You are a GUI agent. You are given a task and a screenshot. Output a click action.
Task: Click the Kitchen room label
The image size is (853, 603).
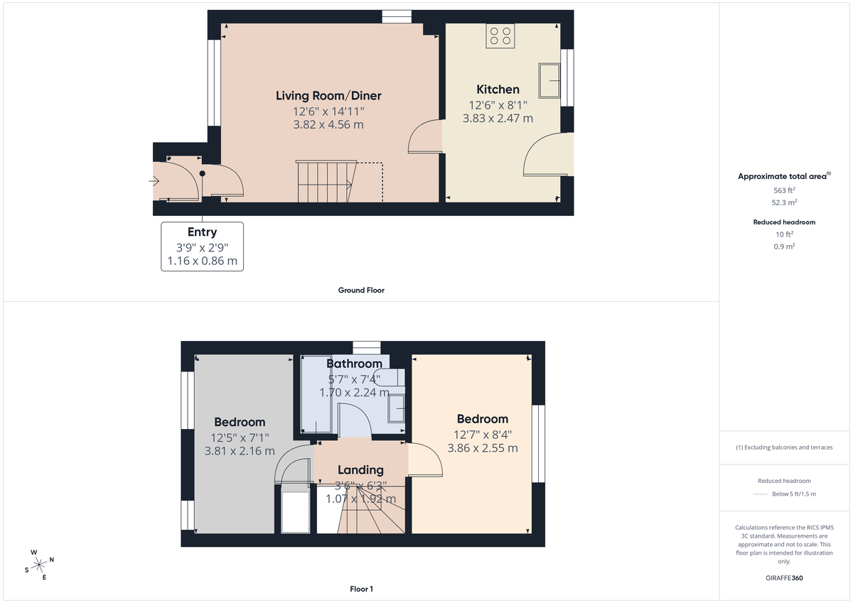pos(498,89)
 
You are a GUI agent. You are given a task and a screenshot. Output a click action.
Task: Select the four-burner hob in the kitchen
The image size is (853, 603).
pos(500,36)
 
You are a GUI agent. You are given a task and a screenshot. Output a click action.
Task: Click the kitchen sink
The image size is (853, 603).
pos(549,80)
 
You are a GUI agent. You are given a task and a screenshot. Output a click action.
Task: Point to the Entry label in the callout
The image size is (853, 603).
pos(202,232)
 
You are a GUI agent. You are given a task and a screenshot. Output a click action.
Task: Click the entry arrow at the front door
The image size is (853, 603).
pos(154,182)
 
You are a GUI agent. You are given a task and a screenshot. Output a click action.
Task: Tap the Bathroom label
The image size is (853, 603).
pos(354,364)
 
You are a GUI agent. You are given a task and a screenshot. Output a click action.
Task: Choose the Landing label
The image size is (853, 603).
pos(360,469)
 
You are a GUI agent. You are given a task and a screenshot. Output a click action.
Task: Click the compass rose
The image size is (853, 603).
pos(38,564)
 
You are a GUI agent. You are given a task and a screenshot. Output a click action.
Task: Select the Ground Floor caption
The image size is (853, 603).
pos(362,290)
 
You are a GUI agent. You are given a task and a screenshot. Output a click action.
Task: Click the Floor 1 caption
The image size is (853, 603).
pos(362,589)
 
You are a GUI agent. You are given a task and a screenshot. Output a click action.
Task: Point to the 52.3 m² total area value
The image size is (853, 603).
pos(785,202)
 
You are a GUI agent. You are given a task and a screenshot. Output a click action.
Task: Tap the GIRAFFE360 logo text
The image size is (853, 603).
pos(785,578)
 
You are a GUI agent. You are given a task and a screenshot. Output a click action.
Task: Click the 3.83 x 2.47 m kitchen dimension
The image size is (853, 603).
pos(498,119)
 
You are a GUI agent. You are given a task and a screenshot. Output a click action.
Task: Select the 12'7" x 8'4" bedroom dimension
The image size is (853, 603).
pos(483,435)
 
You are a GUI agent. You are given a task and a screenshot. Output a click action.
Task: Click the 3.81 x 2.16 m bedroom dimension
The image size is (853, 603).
pos(240,451)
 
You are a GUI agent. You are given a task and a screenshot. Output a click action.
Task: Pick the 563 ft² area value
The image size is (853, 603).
pos(785,190)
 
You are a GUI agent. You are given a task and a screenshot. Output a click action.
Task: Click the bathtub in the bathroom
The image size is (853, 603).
pos(316,396)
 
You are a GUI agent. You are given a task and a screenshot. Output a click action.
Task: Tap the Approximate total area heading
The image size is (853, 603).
pos(783,176)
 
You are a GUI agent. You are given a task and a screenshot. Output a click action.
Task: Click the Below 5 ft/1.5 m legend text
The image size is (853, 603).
pos(794,494)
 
